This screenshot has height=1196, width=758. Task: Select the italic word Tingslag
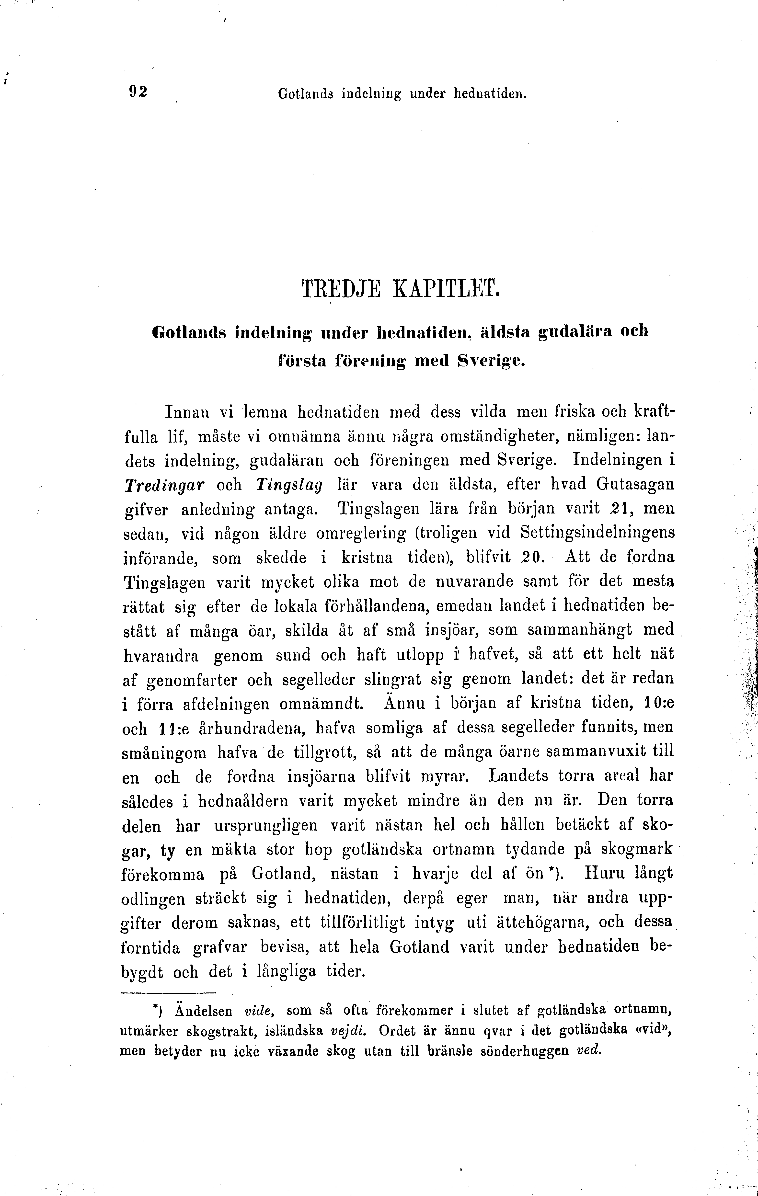289,484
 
